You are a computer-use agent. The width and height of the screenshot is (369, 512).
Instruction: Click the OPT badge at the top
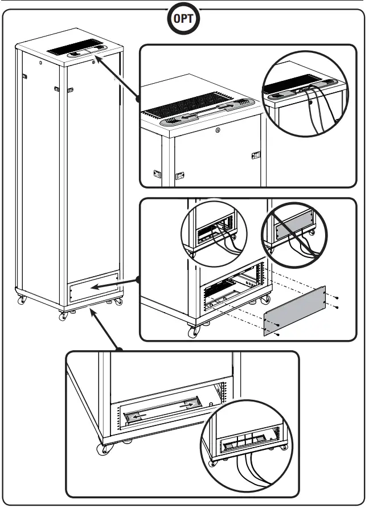click(184, 20)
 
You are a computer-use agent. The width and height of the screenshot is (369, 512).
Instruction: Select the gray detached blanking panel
click(294, 312)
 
